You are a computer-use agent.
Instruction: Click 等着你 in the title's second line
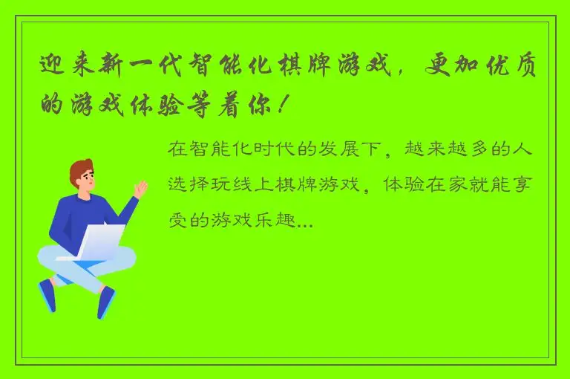pos(226,106)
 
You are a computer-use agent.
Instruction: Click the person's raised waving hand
pos(139,190)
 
